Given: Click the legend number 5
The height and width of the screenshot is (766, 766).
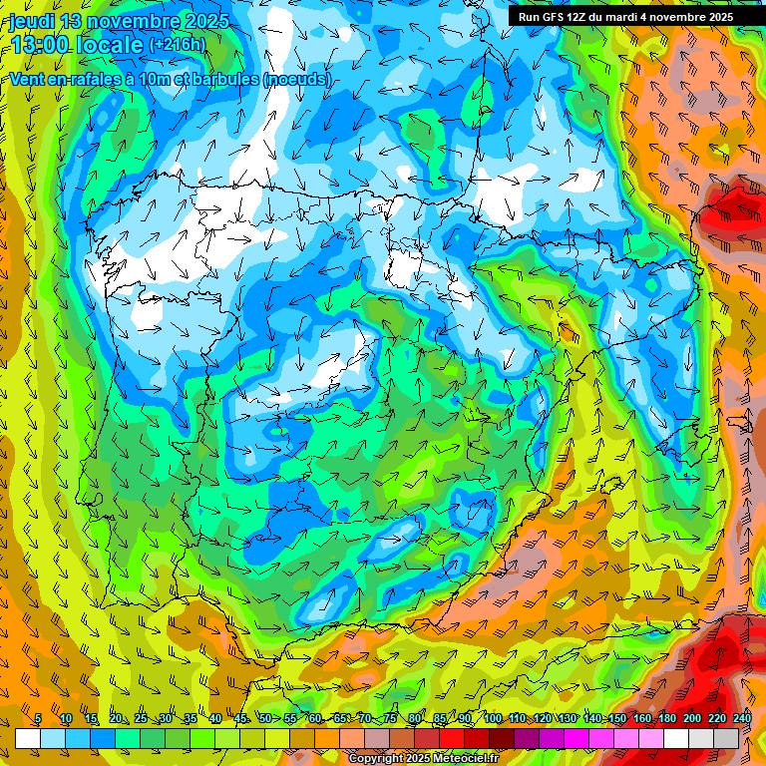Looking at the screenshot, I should pos(38,719).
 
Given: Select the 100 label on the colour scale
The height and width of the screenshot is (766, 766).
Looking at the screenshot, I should pos(493,719).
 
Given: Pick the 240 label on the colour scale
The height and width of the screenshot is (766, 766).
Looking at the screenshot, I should pos(741,719).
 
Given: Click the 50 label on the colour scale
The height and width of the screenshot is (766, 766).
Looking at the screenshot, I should pos(265,719).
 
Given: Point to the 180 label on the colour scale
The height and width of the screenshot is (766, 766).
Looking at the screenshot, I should pos(665,719).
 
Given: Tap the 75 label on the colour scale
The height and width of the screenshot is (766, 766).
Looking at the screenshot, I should pos(390,719).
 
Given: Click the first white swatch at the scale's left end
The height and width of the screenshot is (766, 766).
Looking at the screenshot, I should pos(28,738).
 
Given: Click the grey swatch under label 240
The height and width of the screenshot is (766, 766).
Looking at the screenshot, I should pos(726,738).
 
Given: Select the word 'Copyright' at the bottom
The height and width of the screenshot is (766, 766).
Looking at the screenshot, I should pos(376,759).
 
